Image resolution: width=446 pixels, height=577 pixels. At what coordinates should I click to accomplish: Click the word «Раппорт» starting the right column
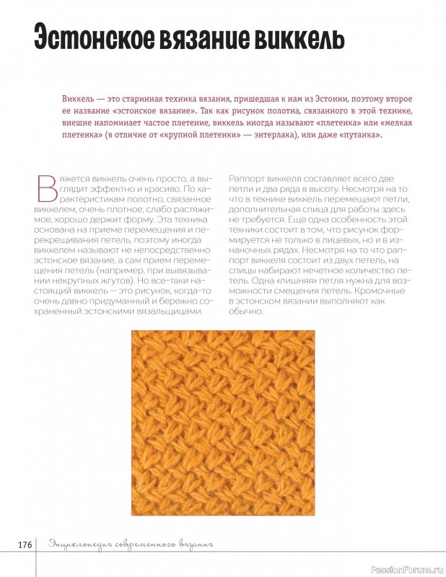[x=248, y=177]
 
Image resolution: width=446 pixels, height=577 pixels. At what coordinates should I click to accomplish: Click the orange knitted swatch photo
[x=223, y=423]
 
